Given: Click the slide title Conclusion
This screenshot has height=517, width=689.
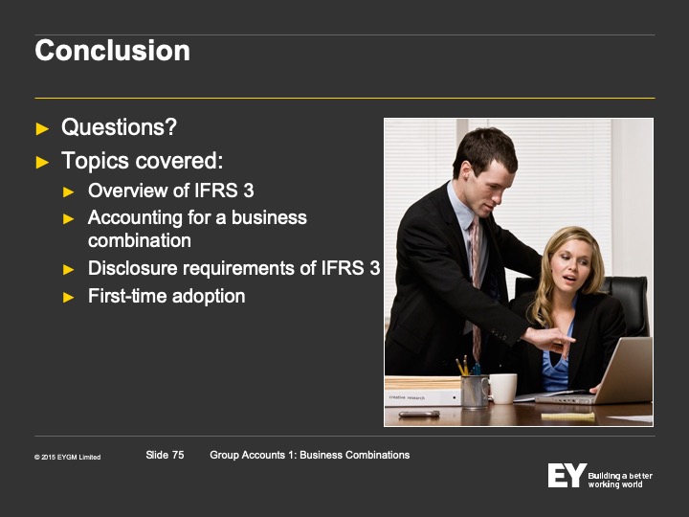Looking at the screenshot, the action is tap(113, 51).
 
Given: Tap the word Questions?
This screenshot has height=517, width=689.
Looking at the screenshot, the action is tap(119, 127).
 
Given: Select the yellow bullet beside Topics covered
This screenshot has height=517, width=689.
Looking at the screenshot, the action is tap(42, 162).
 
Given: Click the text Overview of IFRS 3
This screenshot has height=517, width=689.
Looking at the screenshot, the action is tap(171, 191).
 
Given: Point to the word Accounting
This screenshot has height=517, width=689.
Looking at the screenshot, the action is tap(135, 217).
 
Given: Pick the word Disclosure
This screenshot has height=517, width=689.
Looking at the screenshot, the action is tap(133, 268).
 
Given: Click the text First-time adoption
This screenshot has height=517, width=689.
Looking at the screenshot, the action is tap(167, 296).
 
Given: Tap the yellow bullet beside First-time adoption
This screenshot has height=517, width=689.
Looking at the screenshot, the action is tap(68, 298).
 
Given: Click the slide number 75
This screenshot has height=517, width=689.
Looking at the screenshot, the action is tap(178, 455).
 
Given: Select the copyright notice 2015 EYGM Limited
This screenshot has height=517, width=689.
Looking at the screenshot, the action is tap(67, 458).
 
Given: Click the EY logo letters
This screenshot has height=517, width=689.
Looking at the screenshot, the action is tap(567, 475).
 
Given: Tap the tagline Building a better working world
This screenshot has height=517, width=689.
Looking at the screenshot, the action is tap(620, 480).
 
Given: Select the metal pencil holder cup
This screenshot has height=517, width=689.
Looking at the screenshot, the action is tap(474, 392).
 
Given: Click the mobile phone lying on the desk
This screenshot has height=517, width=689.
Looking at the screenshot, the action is tap(419, 414).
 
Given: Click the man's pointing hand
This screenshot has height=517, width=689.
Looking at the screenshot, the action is tap(549, 340).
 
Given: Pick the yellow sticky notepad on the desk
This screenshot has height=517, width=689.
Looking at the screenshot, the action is tap(567, 416).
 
